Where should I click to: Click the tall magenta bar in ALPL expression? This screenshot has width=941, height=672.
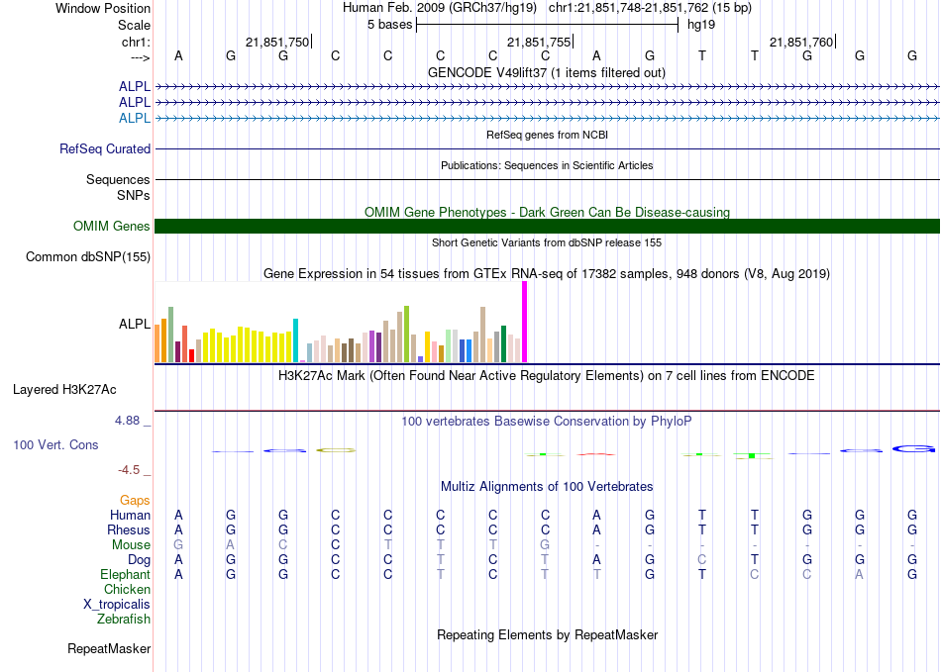click(525, 322)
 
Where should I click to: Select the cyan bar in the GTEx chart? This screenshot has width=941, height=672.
click(295, 339)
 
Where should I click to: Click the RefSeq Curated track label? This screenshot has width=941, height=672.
click(105, 149)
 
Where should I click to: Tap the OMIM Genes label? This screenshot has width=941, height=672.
click(112, 227)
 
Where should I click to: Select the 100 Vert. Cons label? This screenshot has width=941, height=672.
click(55, 445)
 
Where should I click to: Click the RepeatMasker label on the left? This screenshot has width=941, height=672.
click(109, 649)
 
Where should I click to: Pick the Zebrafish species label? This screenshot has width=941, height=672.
click(124, 620)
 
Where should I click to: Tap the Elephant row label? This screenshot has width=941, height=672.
click(125, 575)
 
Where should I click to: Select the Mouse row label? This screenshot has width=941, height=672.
click(131, 545)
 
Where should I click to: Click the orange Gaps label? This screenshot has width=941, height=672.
click(135, 501)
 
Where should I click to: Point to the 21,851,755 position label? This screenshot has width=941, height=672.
click(539, 42)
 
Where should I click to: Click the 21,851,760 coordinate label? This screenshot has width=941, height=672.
click(801, 42)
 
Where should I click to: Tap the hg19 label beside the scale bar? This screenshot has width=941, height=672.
click(701, 24)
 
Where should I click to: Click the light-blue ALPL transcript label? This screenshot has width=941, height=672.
click(135, 119)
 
